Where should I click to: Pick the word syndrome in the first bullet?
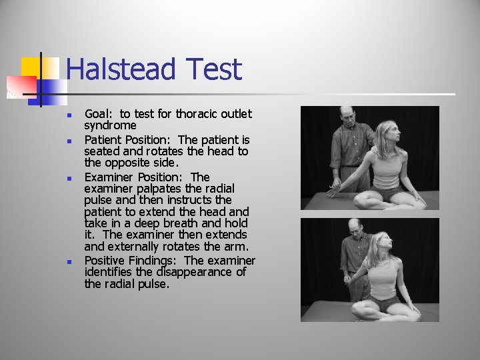point(110,125)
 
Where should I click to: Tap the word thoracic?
point(198,114)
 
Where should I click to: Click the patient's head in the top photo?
point(388,133)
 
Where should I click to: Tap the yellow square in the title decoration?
point(31,67)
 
